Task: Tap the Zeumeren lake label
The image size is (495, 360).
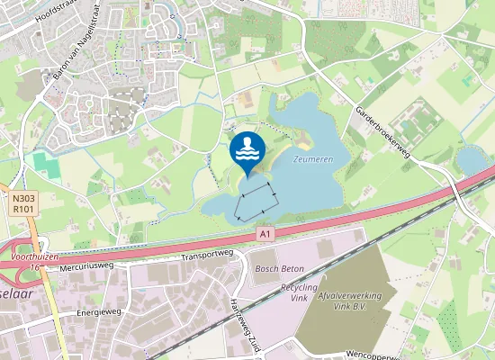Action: tap(312, 158)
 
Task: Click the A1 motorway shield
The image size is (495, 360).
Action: tap(264, 234)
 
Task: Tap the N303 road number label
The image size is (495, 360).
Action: tap(23, 196)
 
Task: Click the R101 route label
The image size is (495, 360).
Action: tap(23, 207)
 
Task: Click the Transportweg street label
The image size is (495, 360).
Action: tap(207, 255)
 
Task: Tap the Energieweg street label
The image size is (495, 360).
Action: tap(99, 312)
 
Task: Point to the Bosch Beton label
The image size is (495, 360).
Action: tap(279, 269)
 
